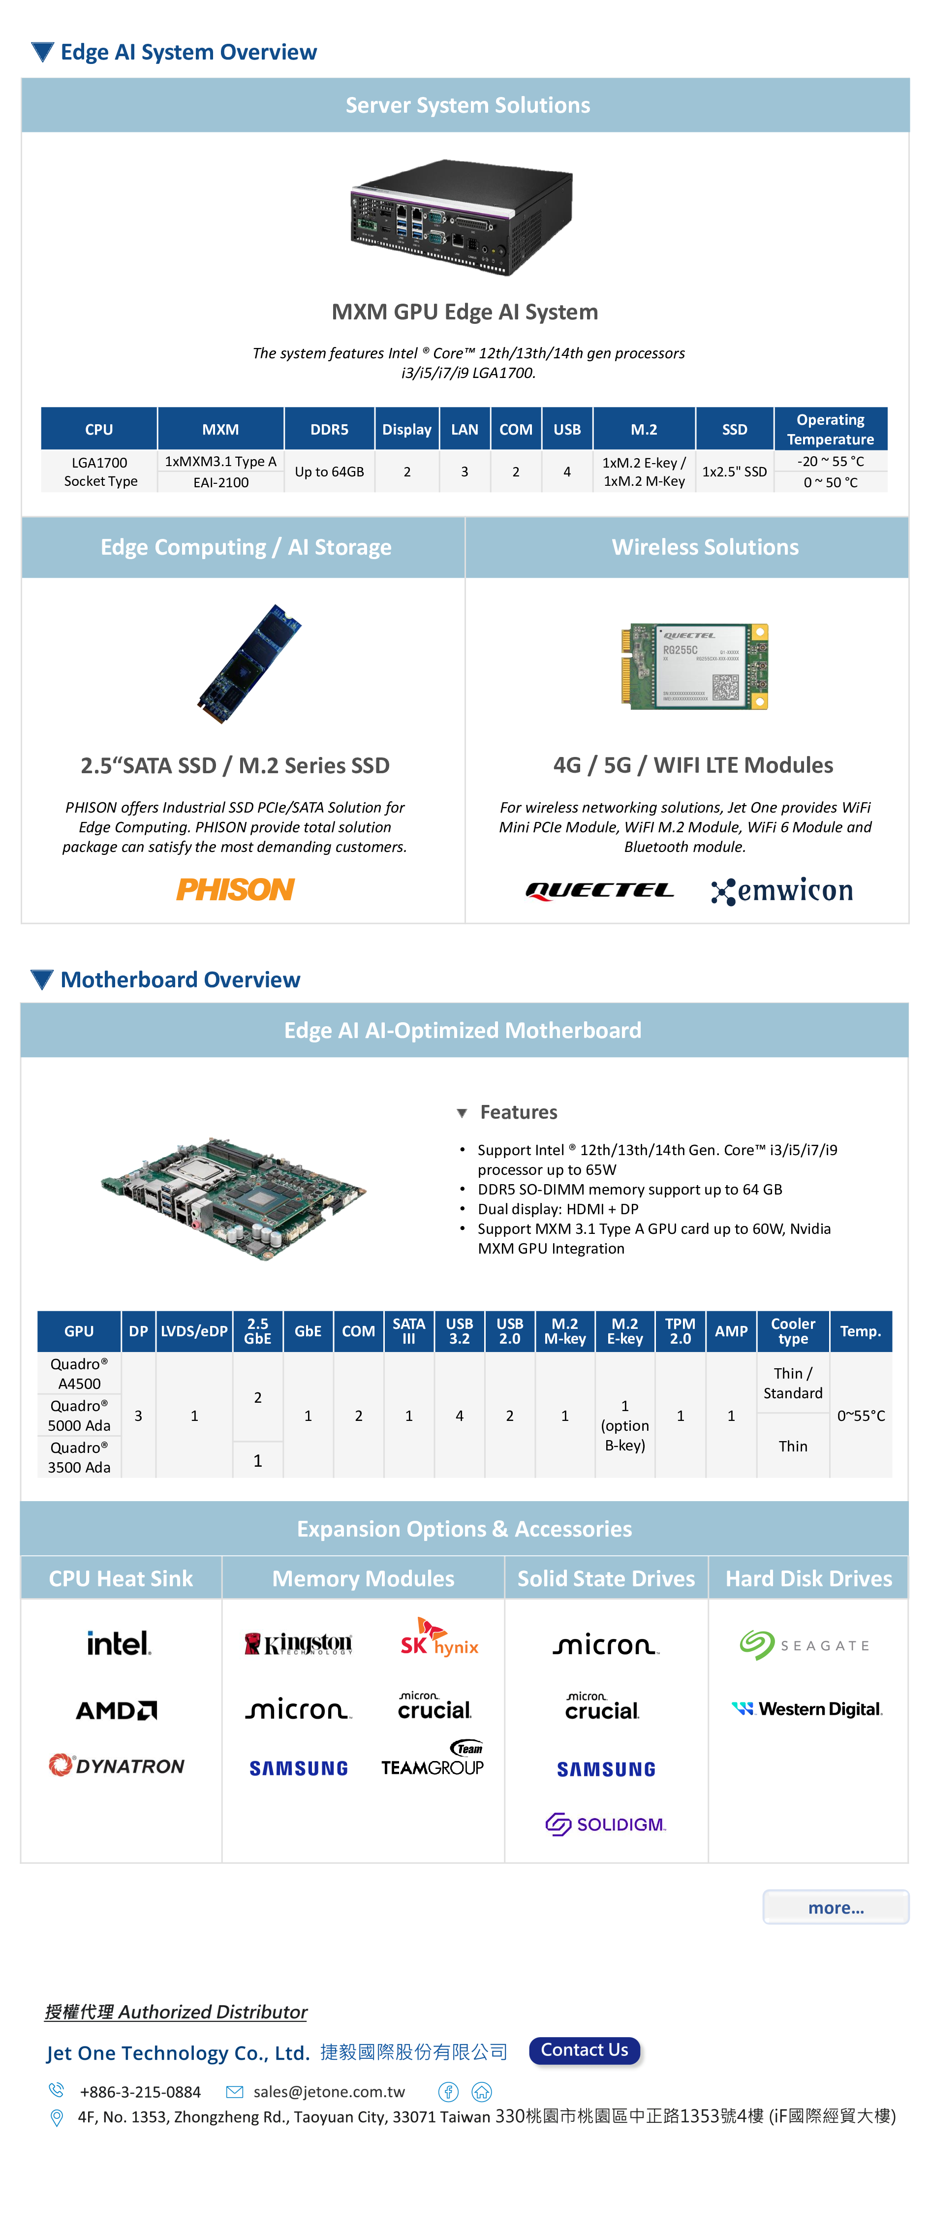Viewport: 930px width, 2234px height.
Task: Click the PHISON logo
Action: [x=236, y=889]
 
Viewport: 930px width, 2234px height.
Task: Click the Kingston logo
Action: [x=298, y=1643]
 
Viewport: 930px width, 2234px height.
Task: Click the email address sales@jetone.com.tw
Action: [x=329, y=2092]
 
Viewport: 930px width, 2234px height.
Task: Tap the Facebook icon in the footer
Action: [x=448, y=2092]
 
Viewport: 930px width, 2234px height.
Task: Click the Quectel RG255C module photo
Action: [x=694, y=666]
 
